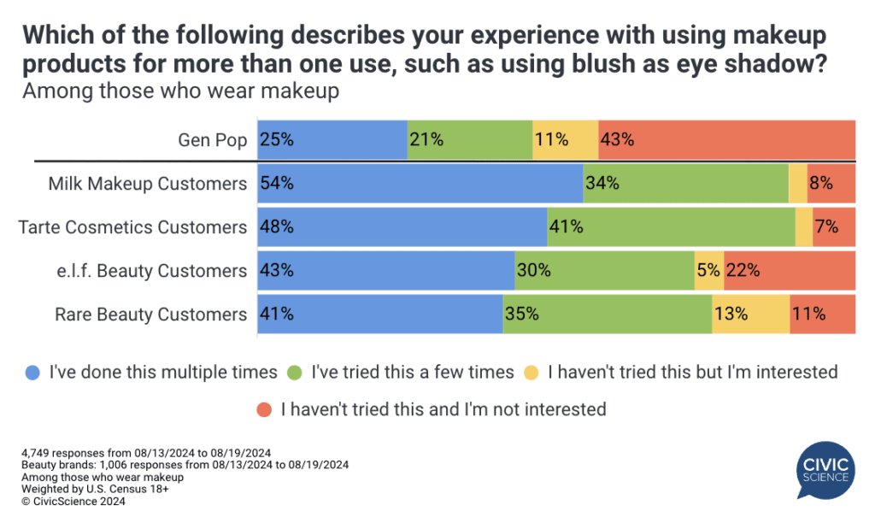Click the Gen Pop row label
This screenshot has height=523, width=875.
[x=213, y=139]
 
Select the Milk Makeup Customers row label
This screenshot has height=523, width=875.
[x=148, y=183]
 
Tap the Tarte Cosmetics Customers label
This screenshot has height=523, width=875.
[x=132, y=226]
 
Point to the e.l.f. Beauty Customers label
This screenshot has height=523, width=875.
[x=147, y=270]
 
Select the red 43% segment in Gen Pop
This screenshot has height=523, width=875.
[x=727, y=139]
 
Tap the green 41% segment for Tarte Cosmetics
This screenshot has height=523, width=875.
[x=671, y=226]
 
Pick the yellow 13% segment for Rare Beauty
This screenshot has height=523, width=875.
[x=750, y=314]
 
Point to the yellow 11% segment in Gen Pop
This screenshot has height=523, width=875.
[x=565, y=139]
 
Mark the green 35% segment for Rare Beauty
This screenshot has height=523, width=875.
[x=607, y=314]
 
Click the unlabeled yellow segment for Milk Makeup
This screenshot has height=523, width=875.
[x=798, y=183]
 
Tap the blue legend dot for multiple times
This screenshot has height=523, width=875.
[x=32, y=373]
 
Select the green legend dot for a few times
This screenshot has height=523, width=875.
[x=296, y=373]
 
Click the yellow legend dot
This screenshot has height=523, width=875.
[x=531, y=373]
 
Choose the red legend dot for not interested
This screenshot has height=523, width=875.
[x=263, y=409]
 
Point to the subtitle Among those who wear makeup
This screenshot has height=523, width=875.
[x=181, y=91]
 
